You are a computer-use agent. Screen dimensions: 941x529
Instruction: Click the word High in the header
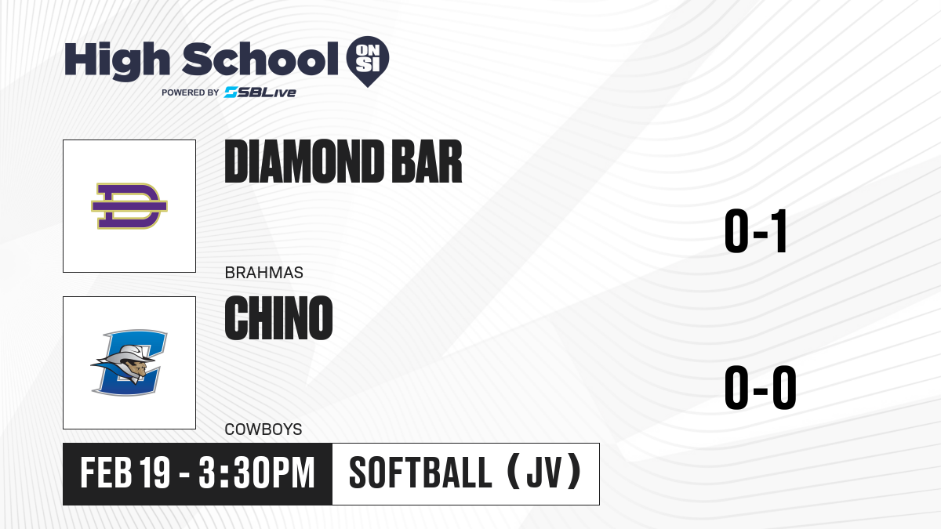117,61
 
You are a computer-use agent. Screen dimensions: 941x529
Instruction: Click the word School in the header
260,59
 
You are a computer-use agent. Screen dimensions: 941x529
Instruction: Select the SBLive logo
260,92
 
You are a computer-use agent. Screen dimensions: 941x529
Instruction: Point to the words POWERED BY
191,92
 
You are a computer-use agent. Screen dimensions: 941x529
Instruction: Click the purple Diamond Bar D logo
129,205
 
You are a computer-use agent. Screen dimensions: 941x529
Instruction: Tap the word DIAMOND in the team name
304,161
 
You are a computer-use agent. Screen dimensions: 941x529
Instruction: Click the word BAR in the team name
427,161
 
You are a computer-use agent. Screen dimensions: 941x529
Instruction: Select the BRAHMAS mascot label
263,273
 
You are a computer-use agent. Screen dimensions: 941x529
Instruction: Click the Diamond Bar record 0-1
756,231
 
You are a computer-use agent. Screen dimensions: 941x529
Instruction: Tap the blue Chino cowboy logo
129,363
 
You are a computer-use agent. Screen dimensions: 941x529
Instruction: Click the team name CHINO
278,318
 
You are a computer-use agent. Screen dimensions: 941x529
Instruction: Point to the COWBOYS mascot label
263,429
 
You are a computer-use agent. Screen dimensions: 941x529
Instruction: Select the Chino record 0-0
761,387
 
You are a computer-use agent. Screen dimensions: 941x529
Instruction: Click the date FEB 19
125,473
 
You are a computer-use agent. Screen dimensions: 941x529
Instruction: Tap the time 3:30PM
256,473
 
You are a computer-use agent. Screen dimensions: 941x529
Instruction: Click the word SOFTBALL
420,473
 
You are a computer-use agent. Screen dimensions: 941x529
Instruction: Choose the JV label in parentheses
544,473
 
